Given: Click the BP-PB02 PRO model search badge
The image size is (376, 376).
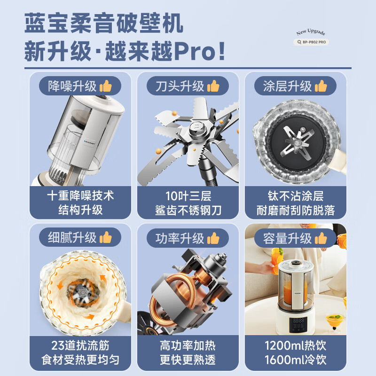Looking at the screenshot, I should (x=311, y=42).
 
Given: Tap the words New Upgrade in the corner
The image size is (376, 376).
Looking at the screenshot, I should (x=311, y=32).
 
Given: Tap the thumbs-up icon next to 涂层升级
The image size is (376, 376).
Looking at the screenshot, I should (x=321, y=86).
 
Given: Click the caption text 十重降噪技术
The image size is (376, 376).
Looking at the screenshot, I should (x=81, y=195).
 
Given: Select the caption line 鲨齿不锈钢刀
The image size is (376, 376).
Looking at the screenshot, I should (x=188, y=210).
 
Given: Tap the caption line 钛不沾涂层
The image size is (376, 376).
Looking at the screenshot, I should (x=296, y=195).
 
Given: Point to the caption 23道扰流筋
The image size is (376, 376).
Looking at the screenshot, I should (x=81, y=347).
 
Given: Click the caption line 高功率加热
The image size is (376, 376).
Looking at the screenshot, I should (x=188, y=347).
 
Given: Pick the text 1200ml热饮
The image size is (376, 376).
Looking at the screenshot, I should (x=296, y=347).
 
